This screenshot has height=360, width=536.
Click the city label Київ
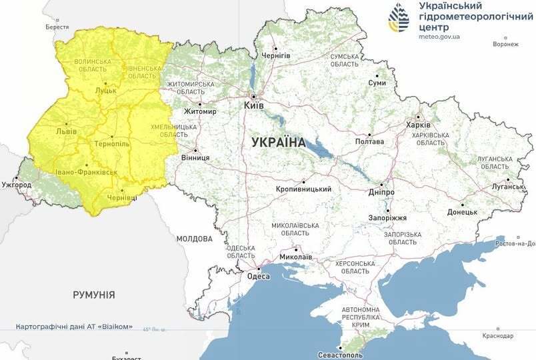click(254, 106)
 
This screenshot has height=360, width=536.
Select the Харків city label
click(419, 125)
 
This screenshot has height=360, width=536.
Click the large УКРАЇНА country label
click(279, 142)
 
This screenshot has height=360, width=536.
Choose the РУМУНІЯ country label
click(94, 294)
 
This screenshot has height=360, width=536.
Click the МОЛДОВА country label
click(195, 239)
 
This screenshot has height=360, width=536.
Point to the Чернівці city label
click(122, 198)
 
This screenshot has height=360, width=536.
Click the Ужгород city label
click(16, 184)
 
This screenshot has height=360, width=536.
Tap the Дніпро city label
click(381, 192)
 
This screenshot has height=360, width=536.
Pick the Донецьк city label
click(462, 212)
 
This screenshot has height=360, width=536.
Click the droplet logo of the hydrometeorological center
click(400, 18)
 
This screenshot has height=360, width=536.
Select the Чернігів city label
click(275, 56)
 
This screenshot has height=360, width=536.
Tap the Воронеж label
click(505, 45)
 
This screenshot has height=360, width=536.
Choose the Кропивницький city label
click(304, 189)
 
